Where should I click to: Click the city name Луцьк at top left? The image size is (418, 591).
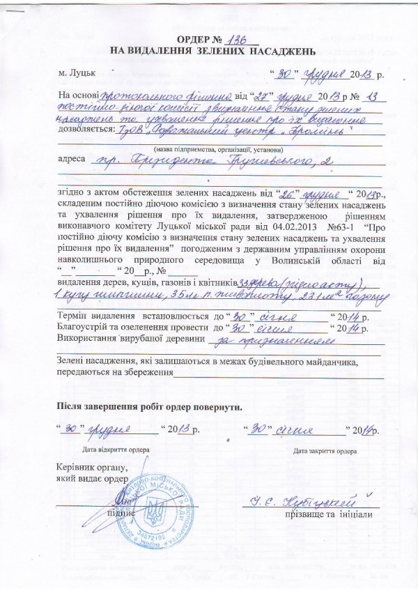[x=79, y=72]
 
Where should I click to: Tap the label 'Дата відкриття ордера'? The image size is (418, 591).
[x=114, y=451]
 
